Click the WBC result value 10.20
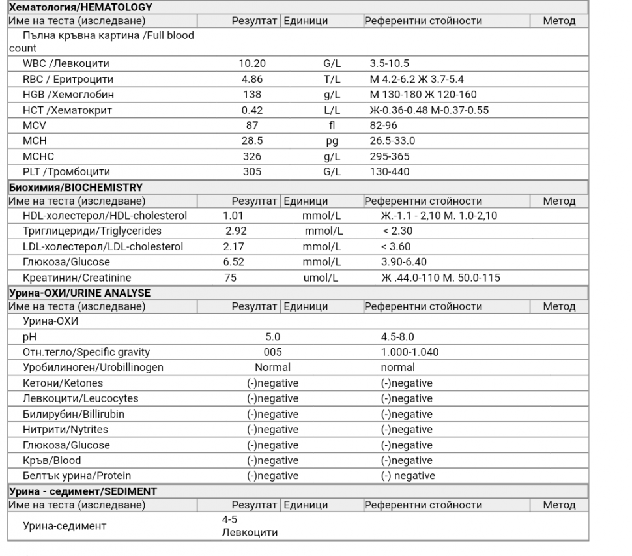(251, 64)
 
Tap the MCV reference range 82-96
(383, 126)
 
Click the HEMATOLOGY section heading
(80, 8)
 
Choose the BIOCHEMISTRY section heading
(76, 188)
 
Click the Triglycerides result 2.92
(237, 231)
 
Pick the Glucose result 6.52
(234, 263)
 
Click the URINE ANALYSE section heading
(79, 293)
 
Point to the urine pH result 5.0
(272, 337)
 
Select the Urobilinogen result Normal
(272, 368)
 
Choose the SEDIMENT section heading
(83, 491)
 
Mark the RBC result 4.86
(251, 80)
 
